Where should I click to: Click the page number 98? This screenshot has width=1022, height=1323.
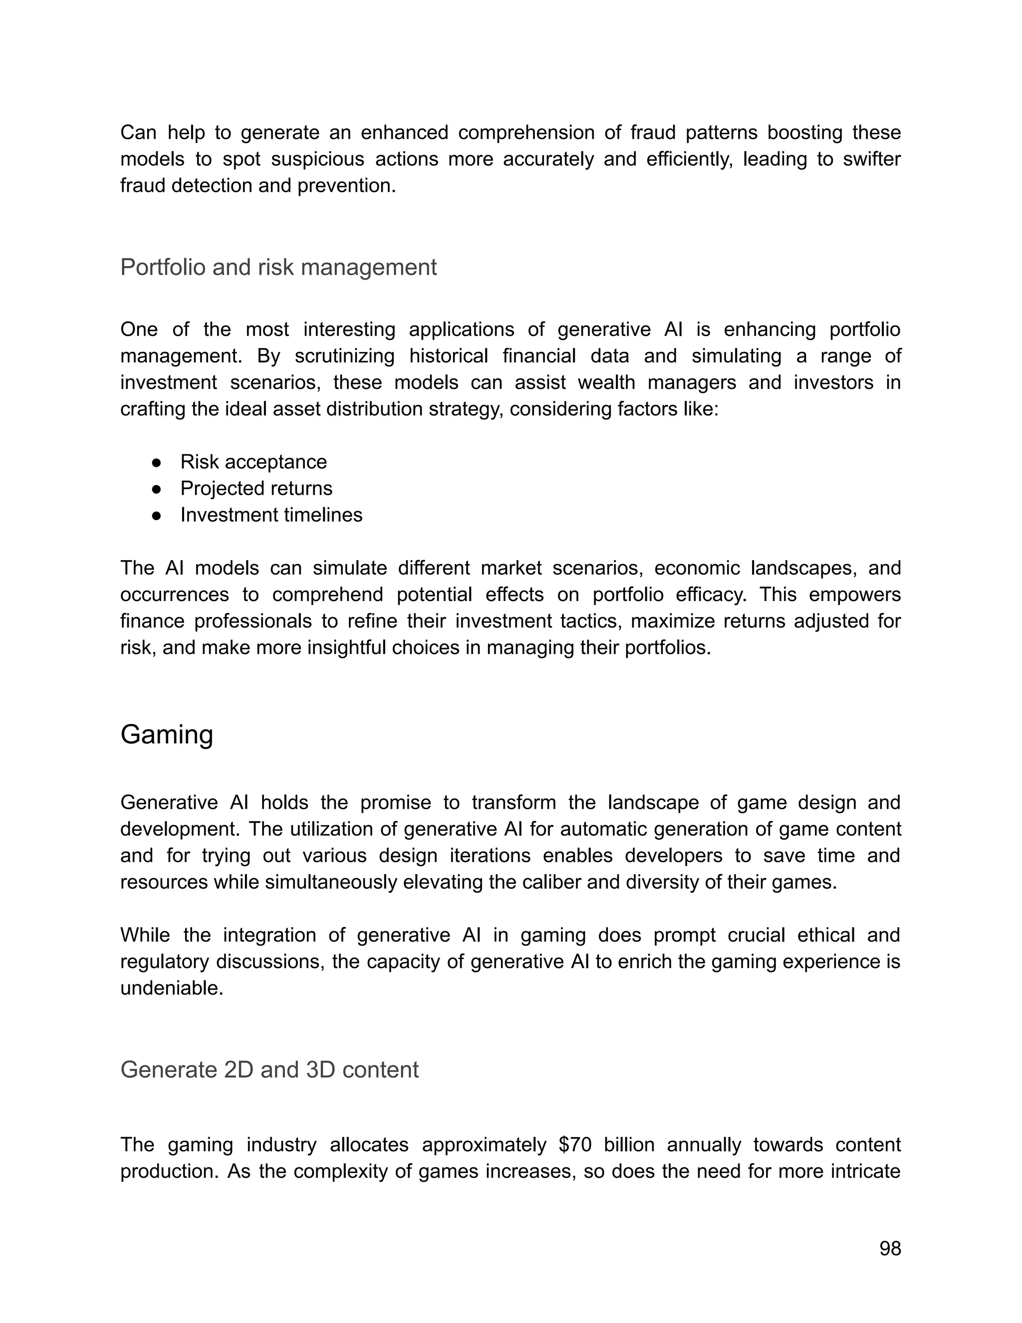click(890, 1249)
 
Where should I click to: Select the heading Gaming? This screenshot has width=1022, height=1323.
click(167, 735)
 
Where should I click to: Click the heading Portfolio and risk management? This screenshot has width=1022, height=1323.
click(278, 267)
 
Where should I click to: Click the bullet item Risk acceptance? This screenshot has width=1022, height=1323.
click(253, 462)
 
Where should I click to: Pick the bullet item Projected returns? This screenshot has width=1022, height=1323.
click(256, 488)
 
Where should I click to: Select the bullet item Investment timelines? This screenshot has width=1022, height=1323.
click(271, 515)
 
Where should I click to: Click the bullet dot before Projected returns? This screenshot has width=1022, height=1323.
click(156, 489)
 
